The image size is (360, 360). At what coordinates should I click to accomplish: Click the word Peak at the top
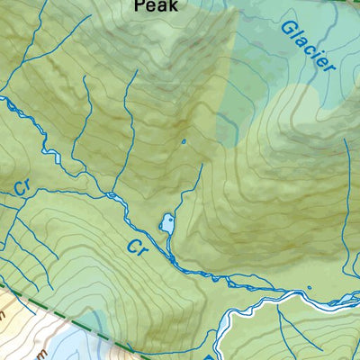[x=156, y=5]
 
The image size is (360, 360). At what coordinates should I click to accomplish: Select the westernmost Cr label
[x=23, y=189]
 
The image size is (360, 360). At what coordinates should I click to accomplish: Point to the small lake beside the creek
[x=167, y=223]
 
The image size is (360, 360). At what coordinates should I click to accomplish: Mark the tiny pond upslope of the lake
[x=183, y=141]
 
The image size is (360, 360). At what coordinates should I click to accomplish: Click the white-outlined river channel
[x=261, y=310]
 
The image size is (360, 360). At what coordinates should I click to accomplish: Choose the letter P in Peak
[x=139, y=5]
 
